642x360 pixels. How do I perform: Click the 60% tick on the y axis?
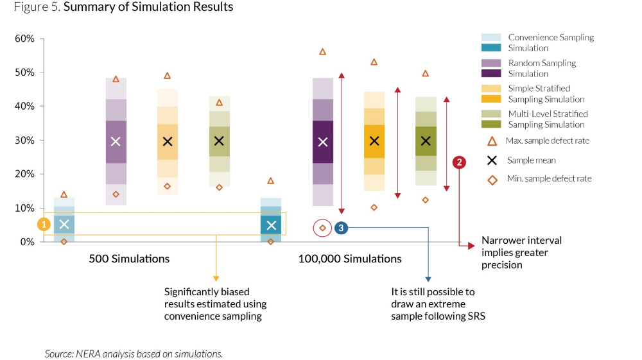(24, 39)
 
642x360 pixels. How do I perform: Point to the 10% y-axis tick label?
(24, 208)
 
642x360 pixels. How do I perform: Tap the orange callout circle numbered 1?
(44, 224)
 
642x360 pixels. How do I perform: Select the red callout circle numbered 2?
(459, 162)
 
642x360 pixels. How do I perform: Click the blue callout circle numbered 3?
(341, 228)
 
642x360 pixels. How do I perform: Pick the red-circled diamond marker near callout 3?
(323, 228)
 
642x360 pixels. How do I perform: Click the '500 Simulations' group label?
(129, 259)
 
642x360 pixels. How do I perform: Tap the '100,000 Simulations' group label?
(350, 259)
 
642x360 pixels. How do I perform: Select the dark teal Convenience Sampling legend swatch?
(491, 48)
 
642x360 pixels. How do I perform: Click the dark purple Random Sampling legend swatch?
(491, 74)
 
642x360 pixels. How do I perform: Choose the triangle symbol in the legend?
(492, 141)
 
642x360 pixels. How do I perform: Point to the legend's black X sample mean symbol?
(492, 160)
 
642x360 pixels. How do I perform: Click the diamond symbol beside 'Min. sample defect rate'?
(492, 180)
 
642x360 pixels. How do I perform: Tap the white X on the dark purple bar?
(323, 142)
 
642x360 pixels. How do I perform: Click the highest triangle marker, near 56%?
(323, 51)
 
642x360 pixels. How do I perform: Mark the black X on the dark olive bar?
(426, 141)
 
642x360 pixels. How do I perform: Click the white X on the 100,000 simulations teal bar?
(271, 225)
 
